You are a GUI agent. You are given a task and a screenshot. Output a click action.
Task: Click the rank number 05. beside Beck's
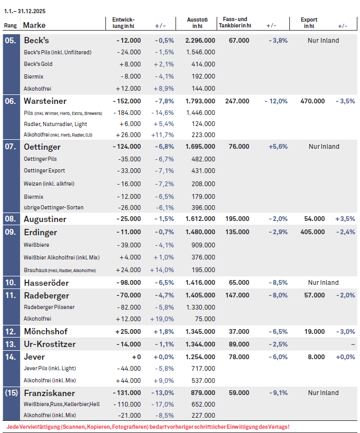click(x=11, y=41)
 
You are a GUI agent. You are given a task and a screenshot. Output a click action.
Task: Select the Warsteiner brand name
click(x=45, y=101)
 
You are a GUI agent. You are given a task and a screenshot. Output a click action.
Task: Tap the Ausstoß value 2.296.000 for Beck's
click(x=200, y=41)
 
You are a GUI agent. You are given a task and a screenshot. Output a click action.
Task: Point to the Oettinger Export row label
click(x=45, y=170)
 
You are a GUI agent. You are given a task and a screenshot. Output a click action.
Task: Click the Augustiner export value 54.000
click(x=315, y=219)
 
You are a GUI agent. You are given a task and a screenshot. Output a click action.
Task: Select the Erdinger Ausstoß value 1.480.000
click(x=200, y=232)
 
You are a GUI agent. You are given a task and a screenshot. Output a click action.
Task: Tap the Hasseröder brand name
click(x=46, y=283)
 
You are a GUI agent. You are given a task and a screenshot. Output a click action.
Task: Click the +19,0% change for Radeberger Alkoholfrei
click(x=163, y=319)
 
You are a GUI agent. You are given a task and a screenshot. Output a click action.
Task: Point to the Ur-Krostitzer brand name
click(x=50, y=344)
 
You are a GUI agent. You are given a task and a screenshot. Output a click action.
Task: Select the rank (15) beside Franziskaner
click(x=11, y=393)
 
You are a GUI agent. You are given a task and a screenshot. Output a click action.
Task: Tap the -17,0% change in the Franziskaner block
click(x=163, y=404)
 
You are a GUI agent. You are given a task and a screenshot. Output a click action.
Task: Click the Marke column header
click(x=34, y=25)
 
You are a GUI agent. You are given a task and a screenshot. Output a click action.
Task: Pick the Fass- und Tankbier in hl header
click(x=235, y=22)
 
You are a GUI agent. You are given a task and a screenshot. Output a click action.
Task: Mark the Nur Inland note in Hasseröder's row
click(x=324, y=283)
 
